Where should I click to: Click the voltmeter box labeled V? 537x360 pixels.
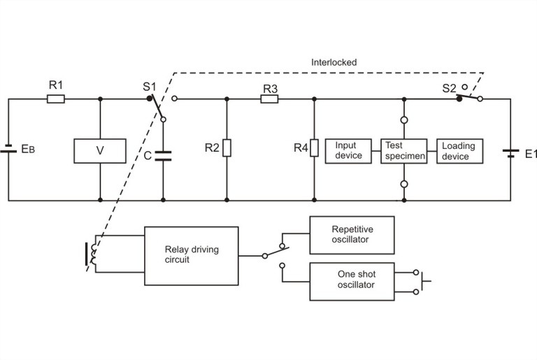tap(100, 151)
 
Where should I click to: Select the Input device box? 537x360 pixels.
tap(349, 151)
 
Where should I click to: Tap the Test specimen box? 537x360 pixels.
tap(403, 151)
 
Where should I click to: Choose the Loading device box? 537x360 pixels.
tap(458, 151)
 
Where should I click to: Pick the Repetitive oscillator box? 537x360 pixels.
tap(352, 234)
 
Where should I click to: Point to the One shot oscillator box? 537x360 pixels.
tap(352, 281)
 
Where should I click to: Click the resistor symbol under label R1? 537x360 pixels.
tap(56, 99)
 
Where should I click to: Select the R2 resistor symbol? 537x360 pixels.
tap(227, 148)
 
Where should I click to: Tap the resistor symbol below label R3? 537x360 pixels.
tap(270, 99)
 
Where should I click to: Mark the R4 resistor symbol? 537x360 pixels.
tap(314, 148)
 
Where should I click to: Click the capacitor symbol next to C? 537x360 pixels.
tap(163, 156)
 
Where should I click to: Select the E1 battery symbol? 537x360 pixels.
tap(510, 152)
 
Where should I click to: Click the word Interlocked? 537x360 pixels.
tap(334, 62)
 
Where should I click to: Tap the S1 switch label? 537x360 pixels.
tap(148, 86)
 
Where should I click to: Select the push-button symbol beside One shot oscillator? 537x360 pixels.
tap(423, 281)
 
